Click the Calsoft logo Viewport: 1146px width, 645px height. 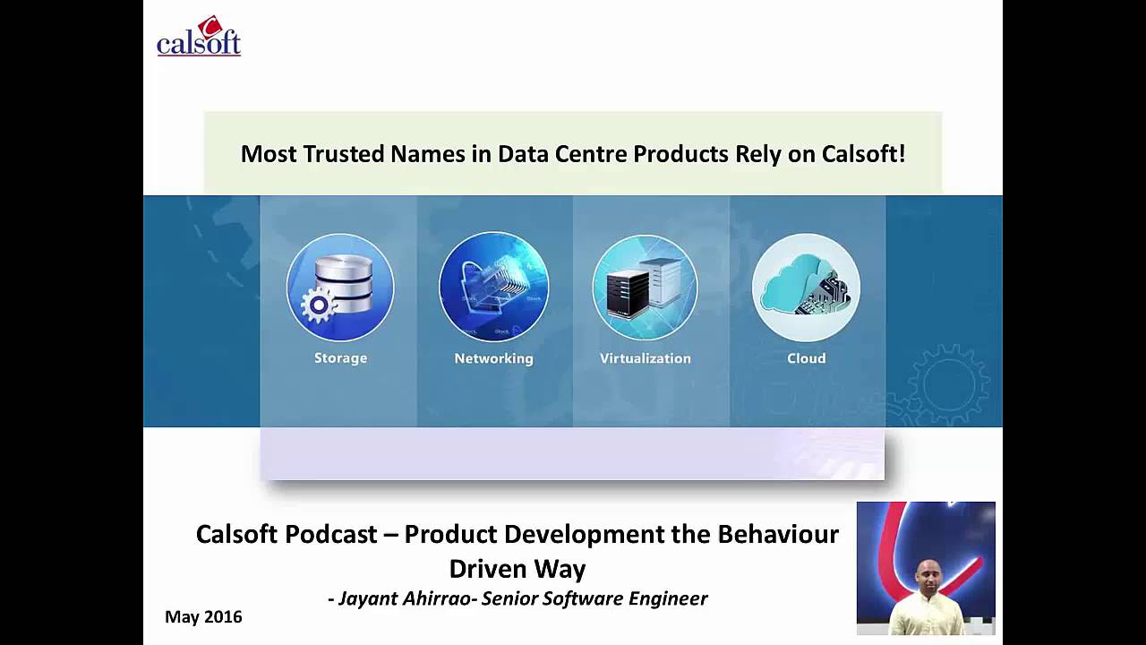[199, 38]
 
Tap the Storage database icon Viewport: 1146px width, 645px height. [340, 287]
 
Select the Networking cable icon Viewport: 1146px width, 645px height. [493, 287]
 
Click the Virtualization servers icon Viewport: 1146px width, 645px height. [645, 287]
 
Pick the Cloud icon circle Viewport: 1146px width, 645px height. [806, 287]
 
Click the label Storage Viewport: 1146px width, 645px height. [340, 358]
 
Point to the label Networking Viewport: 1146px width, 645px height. [493, 358]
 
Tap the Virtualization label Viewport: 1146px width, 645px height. [645, 358]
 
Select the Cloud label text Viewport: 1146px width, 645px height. [806, 358]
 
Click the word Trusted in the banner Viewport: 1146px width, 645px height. [343, 154]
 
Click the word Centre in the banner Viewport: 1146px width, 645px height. [586, 154]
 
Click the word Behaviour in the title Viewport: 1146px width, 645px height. [778, 535]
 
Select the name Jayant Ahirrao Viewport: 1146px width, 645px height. [405, 598]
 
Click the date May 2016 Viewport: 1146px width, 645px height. [203, 617]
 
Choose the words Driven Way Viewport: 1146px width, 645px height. [517, 569]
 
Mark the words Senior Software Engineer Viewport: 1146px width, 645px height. [594, 598]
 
